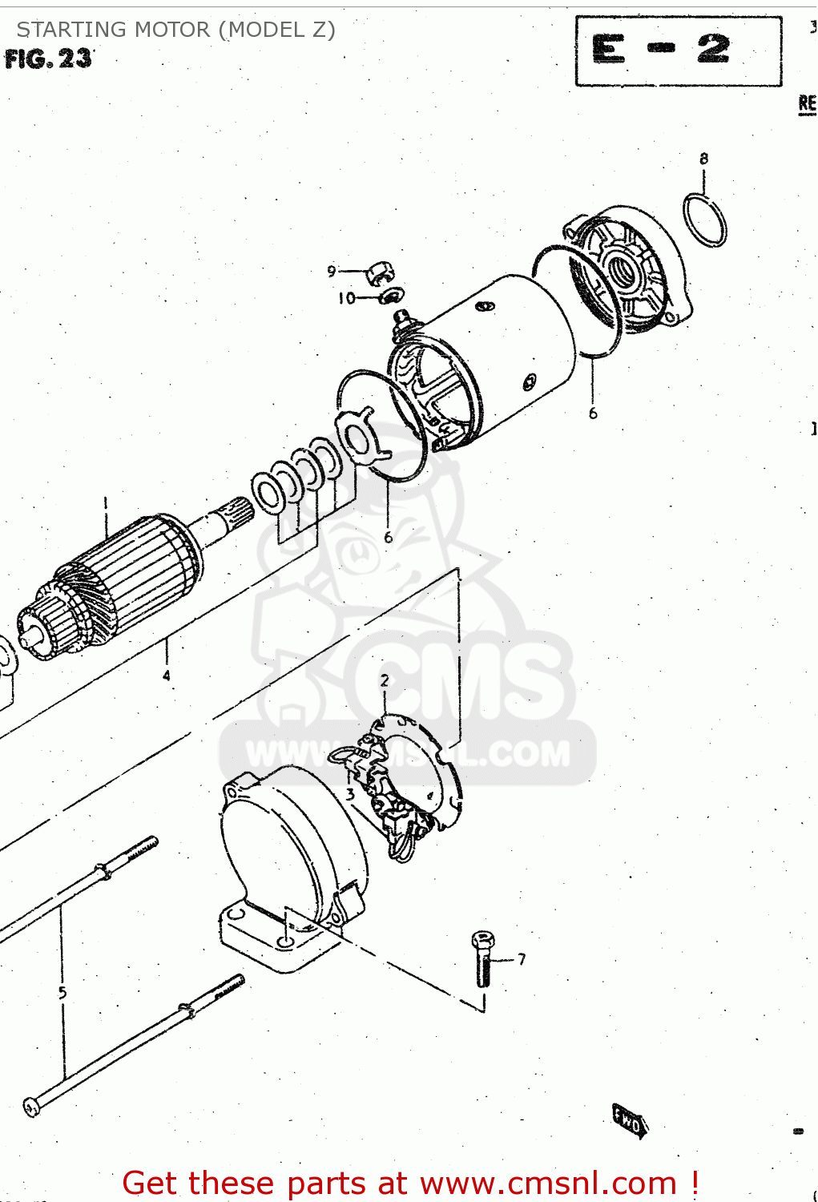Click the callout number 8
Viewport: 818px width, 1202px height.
point(703,159)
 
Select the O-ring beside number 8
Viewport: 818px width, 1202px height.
point(705,220)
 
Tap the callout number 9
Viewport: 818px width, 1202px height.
point(332,272)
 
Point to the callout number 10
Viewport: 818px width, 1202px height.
point(346,298)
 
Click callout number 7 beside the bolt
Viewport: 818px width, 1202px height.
point(522,958)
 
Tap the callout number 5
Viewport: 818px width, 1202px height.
point(62,993)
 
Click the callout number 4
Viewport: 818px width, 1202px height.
point(167,676)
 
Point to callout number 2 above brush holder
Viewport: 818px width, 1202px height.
point(385,680)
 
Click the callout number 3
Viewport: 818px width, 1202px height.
point(350,795)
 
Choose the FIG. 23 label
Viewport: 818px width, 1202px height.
point(48,58)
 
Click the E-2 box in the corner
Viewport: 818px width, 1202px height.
point(678,50)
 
